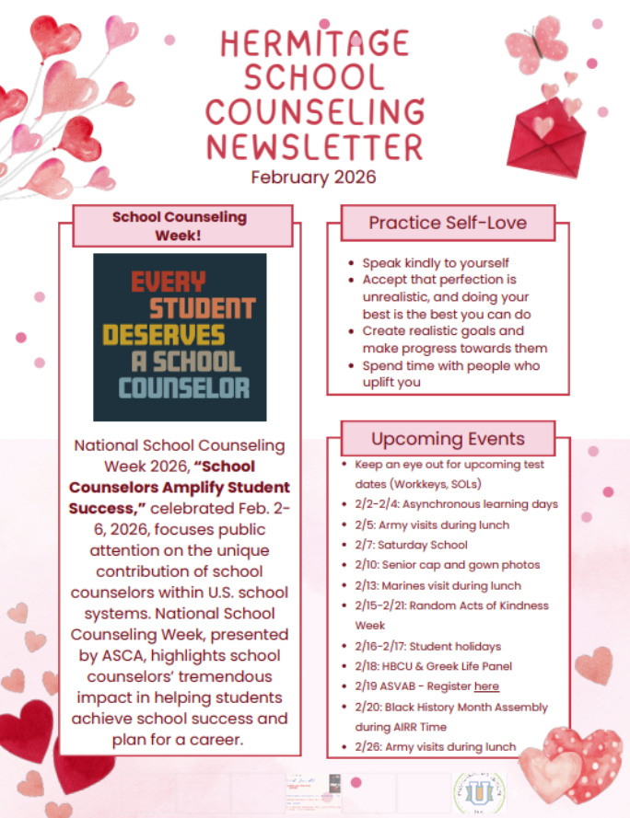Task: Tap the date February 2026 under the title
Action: (x=313, y=177)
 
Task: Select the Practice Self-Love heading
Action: (x=448, y=223)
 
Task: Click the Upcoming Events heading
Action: (x=448, y=438)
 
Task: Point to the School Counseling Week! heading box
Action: (x=180, y=226)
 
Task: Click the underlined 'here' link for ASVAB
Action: (x=486, y=686)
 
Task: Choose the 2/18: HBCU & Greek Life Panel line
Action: (x=433, y=666)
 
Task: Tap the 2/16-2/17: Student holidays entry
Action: (x=427, y=646)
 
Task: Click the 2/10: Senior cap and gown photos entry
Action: (x=447, y=565)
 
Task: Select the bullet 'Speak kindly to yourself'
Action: (x=436, y=263)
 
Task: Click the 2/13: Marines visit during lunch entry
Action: (x=437, y=585)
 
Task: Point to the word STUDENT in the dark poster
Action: (x=202, y=307)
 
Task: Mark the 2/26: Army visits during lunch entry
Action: (x=436, y=747)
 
